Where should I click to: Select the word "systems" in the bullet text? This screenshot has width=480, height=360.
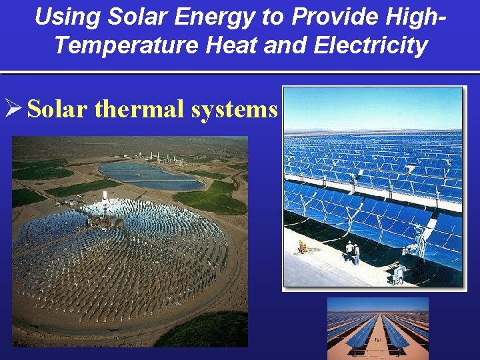click(x=234, y=109)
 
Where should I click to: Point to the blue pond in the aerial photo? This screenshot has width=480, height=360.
click(x=143, y=175)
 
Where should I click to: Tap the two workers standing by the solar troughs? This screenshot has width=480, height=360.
click(x=351, y=252)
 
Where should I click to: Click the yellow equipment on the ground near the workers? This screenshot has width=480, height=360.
click(x=303, y=247)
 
